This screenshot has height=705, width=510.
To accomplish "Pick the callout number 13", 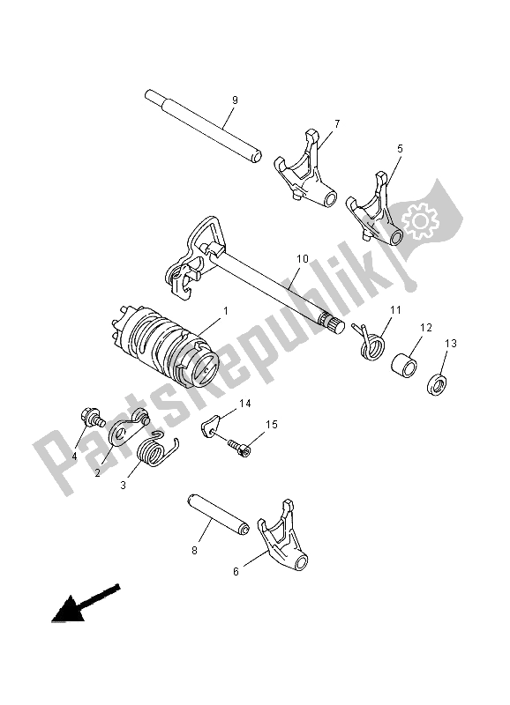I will [x=453, y=345].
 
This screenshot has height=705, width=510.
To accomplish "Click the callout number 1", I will [x=226, y=312].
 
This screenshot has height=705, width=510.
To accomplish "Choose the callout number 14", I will [x=245, y=404].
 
